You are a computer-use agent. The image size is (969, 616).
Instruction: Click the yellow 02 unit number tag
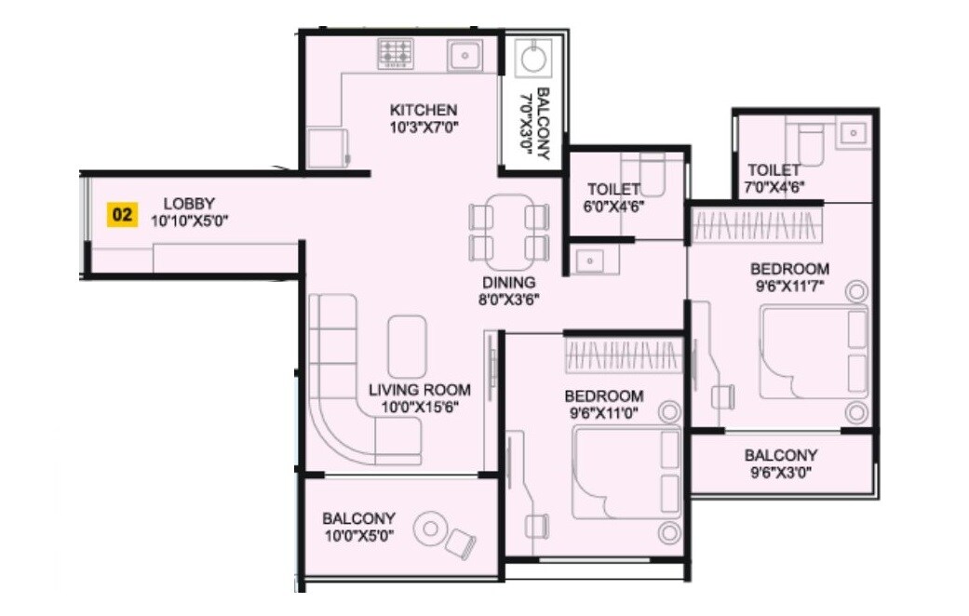pyautogui.click(x=121, y=214)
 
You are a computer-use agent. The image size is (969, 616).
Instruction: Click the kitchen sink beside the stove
pyautogui.click(x=463, y=55)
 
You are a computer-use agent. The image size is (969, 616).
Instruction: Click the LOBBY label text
pyautogui.click(x=189, y=203)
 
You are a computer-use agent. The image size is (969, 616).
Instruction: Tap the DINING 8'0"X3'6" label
pyautogui.click(x=508, y=290)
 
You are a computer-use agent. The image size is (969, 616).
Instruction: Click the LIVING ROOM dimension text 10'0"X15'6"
pyautogui.click(x=419, y=406)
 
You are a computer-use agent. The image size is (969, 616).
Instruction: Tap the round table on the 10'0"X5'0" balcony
pyautogui.click(x=430, y=529)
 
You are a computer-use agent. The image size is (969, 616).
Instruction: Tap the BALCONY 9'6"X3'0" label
pyautogui.click(x=781, y=463)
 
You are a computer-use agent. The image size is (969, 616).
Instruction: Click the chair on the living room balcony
pyautogui.click(x=461, y=542)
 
